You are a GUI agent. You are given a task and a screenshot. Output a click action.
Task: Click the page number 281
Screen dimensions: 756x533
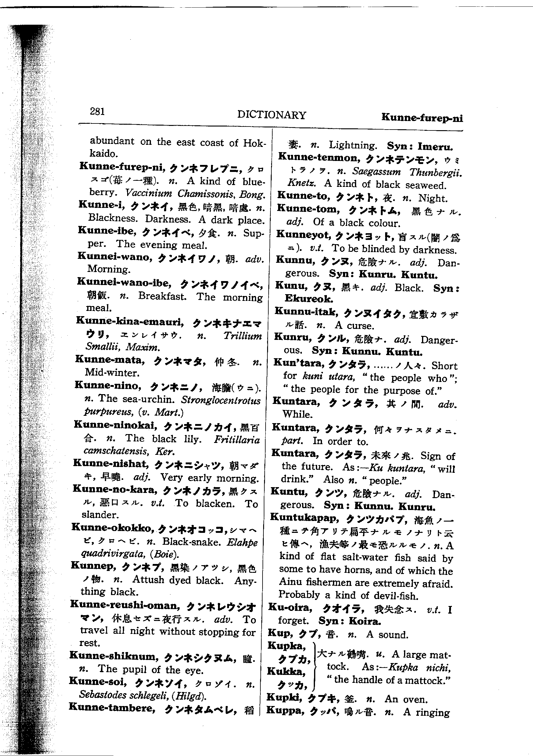[97, 111]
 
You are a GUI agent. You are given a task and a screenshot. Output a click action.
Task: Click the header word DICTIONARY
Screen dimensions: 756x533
[271, 115]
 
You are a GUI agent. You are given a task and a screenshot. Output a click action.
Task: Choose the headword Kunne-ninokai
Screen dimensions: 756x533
[115, 425]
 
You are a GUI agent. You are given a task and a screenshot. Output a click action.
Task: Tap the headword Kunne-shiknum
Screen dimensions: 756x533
[114, 656]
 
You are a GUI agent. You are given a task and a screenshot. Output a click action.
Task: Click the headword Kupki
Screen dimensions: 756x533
[284, 697]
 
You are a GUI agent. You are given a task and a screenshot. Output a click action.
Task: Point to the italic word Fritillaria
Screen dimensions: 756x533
[237, 440]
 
